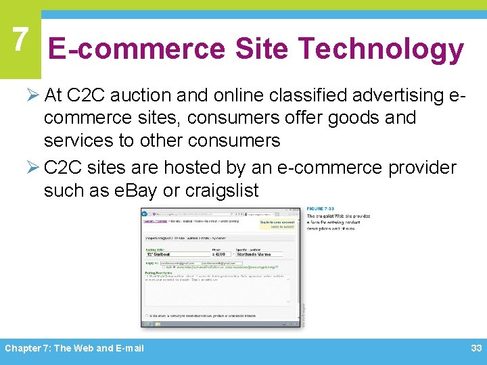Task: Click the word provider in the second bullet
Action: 422,168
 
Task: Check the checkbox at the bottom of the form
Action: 146,315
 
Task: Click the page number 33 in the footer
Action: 476,348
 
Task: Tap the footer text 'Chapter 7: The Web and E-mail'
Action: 74,348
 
